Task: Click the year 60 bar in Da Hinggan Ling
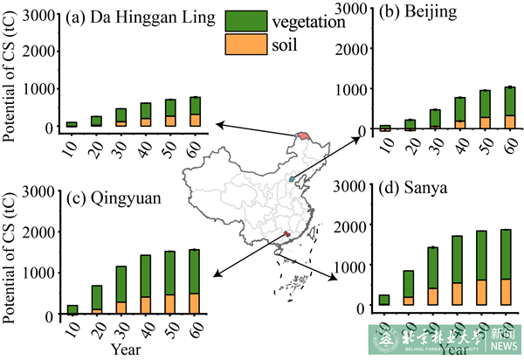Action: coord(195,112)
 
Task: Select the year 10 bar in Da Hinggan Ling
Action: coord(72,124)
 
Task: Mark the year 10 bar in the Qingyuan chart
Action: coord(72,309)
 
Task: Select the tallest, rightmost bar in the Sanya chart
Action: coord(506,267)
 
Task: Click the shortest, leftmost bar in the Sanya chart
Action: coord(383,300)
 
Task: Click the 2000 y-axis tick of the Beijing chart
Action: coord(348,48)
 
